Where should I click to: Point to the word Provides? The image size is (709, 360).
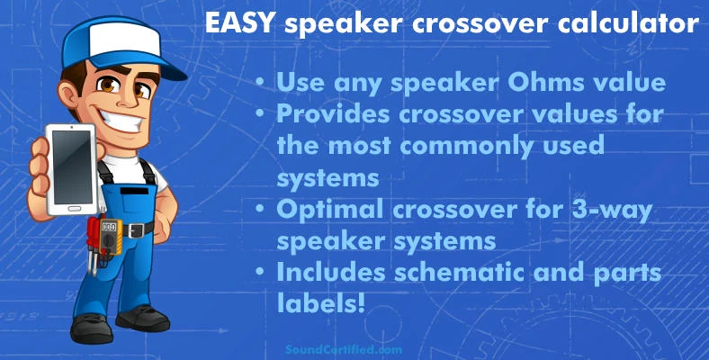tap(330, 114)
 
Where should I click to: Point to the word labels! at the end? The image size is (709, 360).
tap(320, 303)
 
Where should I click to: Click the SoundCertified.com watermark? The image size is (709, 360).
tap(344, 349)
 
